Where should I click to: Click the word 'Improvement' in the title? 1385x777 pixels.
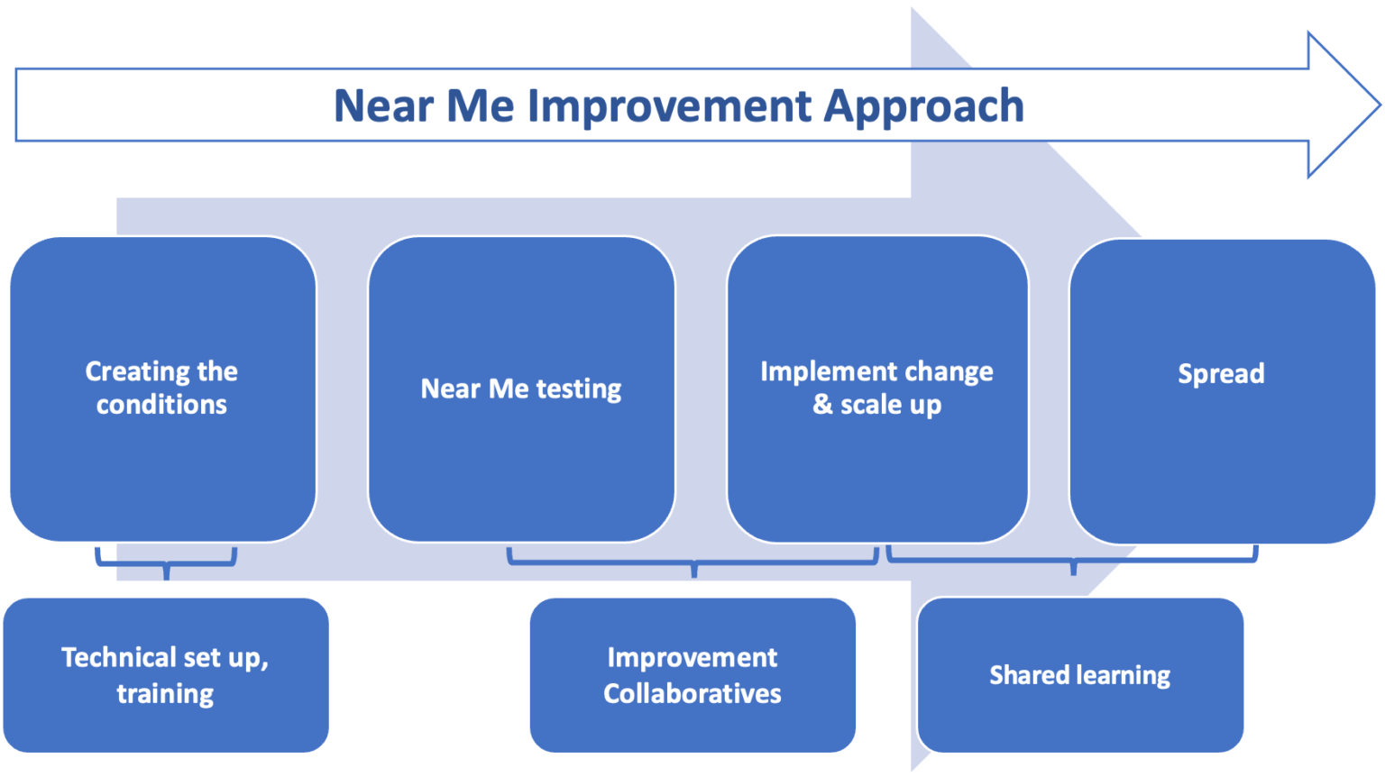669,106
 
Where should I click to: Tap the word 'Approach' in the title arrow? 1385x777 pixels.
923,107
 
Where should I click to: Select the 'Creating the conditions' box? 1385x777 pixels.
163,388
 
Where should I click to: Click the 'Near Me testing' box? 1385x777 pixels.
521,388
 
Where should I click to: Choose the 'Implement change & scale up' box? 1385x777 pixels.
877,388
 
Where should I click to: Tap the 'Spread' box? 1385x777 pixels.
1222,390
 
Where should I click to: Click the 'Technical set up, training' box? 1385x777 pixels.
166,674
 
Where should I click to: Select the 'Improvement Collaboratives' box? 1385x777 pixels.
692,674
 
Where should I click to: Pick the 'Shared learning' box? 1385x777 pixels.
1080,674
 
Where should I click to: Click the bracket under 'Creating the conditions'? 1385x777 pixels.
166,563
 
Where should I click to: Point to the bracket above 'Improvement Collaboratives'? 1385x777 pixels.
692,562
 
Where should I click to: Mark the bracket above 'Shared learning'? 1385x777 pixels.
1072,561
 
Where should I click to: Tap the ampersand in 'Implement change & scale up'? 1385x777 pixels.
822,405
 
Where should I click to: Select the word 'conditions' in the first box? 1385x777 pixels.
162,405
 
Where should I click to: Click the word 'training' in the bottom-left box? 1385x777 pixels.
166,693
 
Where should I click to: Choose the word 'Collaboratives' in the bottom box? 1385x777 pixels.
692,693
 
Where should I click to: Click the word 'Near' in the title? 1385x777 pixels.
383,106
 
